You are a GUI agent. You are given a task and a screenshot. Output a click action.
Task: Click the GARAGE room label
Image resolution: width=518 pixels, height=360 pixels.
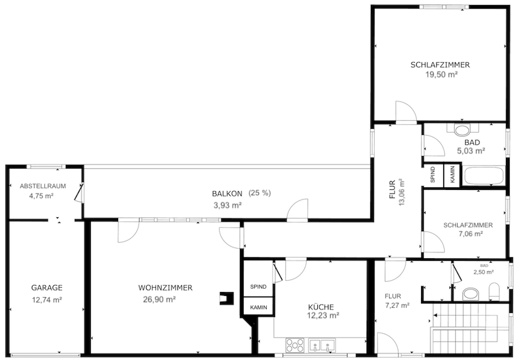coord(47,288)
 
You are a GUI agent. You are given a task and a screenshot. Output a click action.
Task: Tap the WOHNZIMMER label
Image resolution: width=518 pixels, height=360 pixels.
coord(165,288)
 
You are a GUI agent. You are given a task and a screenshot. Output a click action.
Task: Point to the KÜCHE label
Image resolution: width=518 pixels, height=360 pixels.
coord(321,307)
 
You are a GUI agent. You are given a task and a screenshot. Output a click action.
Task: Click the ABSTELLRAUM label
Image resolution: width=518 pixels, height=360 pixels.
coord(43,186)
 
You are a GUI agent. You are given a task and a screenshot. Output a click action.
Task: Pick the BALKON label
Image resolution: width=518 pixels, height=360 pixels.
coord(227,194)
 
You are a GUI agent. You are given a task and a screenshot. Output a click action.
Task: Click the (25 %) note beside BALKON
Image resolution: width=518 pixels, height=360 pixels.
coord(260,193)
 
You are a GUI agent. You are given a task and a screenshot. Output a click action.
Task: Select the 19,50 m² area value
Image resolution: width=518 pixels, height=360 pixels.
coord(440,75)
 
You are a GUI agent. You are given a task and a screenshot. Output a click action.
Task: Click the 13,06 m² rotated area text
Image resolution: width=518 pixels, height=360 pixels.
coord(401,193)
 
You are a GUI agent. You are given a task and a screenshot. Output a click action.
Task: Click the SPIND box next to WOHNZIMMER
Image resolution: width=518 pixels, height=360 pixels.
coord(258,287)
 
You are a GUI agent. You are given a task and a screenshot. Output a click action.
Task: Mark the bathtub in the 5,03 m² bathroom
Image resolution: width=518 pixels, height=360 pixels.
coord(484,176)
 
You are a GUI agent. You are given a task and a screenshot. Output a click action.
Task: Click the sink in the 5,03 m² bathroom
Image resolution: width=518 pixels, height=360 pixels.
coord(462,130)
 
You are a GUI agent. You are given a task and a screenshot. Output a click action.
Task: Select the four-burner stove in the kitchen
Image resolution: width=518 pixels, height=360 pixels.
coord(295,345)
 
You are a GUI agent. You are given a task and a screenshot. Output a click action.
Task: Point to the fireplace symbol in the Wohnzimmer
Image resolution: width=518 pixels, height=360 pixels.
coord(225,298)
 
